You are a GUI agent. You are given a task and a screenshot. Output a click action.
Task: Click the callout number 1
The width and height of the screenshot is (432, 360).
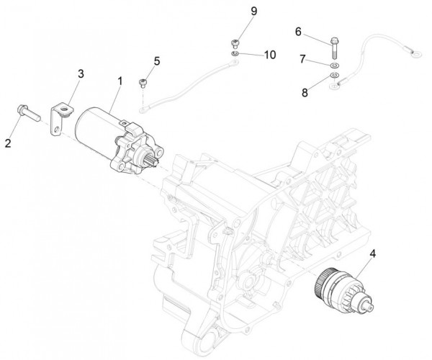[x=120, y=84]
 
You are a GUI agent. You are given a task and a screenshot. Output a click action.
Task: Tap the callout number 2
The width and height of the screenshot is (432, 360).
[x=9, y=143]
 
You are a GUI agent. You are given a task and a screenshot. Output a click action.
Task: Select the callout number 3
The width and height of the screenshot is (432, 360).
[x=81, y=74]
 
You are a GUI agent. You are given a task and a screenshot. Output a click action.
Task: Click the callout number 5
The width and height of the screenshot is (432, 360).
[x=157, y=60]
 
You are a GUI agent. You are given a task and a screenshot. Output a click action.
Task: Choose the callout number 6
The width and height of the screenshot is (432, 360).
[x=298, y=32]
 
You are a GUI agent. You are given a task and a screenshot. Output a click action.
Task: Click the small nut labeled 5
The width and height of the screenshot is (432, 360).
[x=143, y=82]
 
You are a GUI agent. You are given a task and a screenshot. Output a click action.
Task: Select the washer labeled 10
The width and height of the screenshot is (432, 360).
[x=235, y=54]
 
